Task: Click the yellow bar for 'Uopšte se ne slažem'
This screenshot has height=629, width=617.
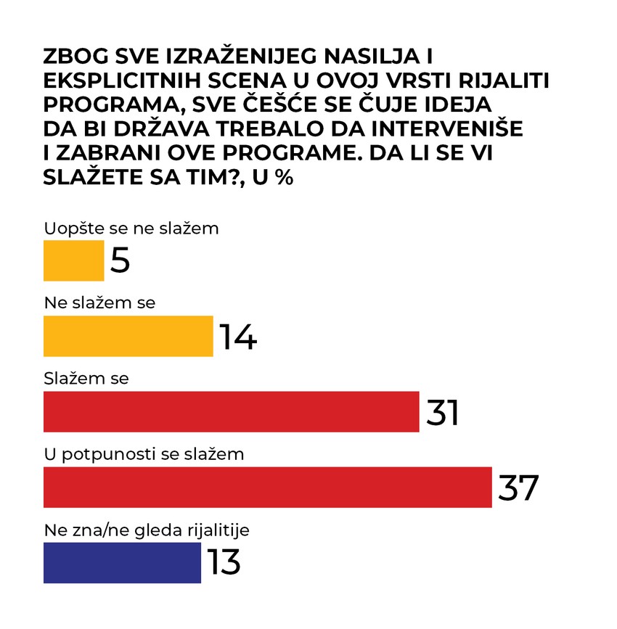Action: click(73, 260)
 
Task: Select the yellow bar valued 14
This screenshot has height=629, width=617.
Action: click(128, 336)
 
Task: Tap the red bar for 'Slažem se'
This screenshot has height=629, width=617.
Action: click(231, 411)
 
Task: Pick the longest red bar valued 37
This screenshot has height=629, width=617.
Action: click(267, 487)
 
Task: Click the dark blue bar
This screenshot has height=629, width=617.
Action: click(122, 562)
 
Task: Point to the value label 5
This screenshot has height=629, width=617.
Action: click(120, 260)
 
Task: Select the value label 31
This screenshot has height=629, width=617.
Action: click(442, 411)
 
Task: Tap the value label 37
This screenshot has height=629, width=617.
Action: click(518, 487)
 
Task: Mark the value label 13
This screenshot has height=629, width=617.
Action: click(224, 562)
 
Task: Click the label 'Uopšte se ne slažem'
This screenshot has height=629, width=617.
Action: click(131, 229)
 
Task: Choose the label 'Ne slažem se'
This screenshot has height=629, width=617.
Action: click(99, 303)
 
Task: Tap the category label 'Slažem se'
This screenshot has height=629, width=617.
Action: click(86, 379)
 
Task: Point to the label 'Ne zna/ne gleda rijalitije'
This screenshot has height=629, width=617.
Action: click(147, 530)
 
